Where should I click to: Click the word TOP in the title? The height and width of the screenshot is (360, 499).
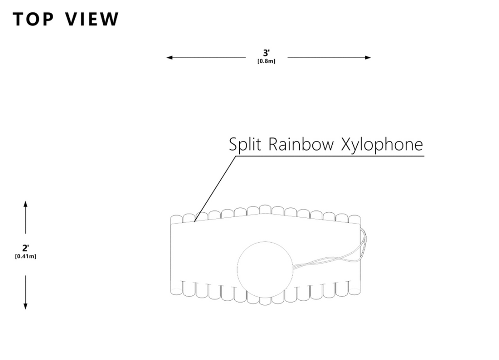click(x=33, y=19)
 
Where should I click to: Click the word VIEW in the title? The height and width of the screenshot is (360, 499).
click(x=92, y=19)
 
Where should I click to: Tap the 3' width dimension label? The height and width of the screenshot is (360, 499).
click(x=267, y=53)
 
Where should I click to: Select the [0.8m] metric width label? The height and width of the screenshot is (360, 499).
click(x=267, y=61)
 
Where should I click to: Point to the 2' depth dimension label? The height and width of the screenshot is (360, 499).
click(x=25, y=248)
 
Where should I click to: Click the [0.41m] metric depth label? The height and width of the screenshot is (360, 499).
click(x=25, y=256)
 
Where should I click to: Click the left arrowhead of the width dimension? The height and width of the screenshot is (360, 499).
click(x=169, y=57)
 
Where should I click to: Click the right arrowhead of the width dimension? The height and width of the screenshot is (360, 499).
click(x=368, y=57)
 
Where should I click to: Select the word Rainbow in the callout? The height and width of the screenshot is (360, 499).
click(x=301, y=144)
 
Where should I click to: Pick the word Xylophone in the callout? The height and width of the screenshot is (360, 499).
click(x=382, y=145)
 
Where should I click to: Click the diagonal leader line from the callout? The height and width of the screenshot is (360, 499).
click(x=215, y=189)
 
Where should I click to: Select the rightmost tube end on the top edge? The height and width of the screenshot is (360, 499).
click(x=355, y=219)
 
